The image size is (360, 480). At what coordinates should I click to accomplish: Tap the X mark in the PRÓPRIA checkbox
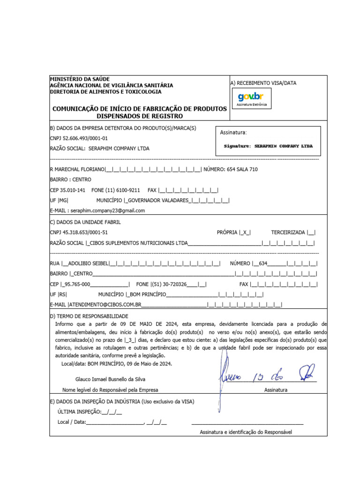coord(245,232)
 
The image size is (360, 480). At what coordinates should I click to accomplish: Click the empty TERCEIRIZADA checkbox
coord(312,232)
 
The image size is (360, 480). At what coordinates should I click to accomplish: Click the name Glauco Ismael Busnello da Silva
coord(110,379)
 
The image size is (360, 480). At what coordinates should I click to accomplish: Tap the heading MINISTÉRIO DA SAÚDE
coord(80,79)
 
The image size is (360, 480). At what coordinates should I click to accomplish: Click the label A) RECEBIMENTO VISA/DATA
coord(263,83)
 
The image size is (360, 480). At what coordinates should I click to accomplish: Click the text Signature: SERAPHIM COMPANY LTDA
coord(268,146)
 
